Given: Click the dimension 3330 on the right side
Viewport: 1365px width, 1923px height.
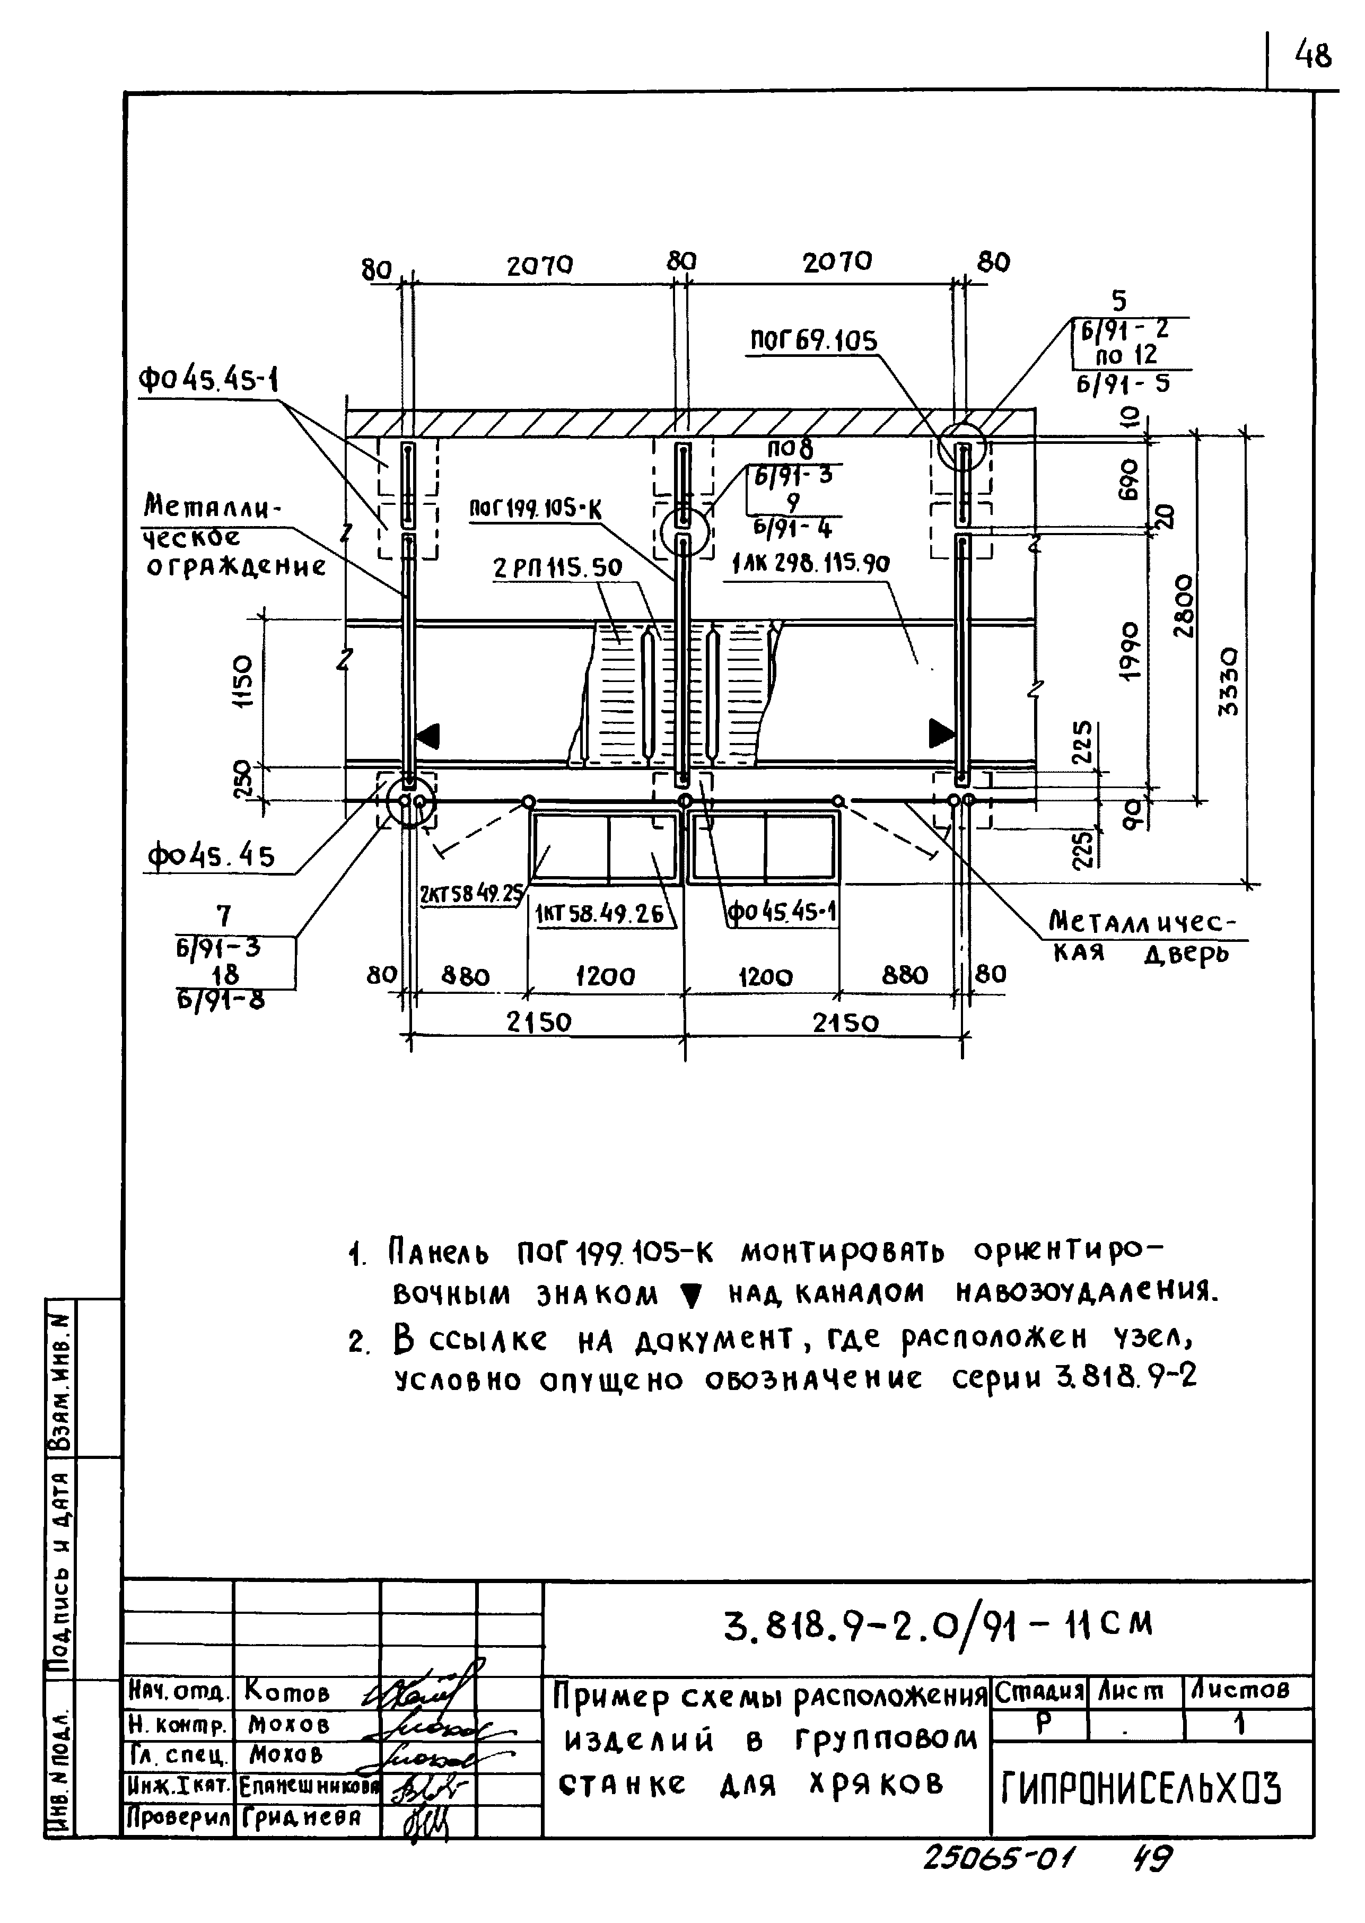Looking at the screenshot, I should coord(1228,681).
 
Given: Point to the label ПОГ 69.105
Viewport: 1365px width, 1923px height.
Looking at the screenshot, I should coord(813,340).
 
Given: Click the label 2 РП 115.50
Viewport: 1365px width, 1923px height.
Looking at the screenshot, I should coord(557,567).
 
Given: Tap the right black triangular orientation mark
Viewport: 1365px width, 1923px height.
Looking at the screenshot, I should coord(940,733).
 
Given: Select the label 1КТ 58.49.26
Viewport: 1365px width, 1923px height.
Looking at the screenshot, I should coord(599,914).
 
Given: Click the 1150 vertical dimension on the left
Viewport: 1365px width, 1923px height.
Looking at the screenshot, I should coord(242,681).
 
